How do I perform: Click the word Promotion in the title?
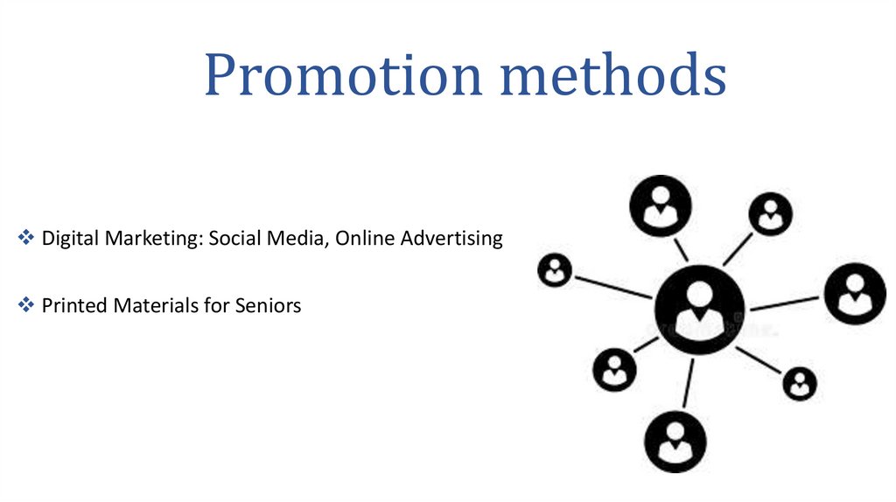(342, 76)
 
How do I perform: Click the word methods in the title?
(612, 76)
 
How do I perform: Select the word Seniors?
(268, 306)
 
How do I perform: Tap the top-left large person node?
(661, 206)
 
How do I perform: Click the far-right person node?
(855, 294)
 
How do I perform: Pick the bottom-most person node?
(675, 443)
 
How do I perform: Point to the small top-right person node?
(770, 213)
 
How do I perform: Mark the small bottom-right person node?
(799, 382)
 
